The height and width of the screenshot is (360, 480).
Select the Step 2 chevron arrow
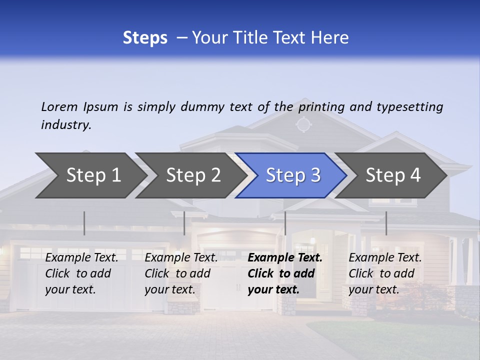(193, 175)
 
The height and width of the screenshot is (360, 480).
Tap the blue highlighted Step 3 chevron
(293, 175)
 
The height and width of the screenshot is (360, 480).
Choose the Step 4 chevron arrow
(393, 175)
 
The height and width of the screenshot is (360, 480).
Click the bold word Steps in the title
(145, 38)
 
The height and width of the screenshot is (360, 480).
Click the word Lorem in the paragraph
(59, 107)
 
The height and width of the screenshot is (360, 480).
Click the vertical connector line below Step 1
(84, 223)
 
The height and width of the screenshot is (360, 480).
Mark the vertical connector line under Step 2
(184, 223)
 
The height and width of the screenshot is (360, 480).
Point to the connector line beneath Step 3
(285, 223)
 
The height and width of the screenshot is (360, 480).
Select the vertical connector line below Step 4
(386, 223)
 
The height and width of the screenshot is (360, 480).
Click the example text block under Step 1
(81, 273)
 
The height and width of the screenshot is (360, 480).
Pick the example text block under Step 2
(181, 273)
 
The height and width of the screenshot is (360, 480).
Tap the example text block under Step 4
(385, 273)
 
